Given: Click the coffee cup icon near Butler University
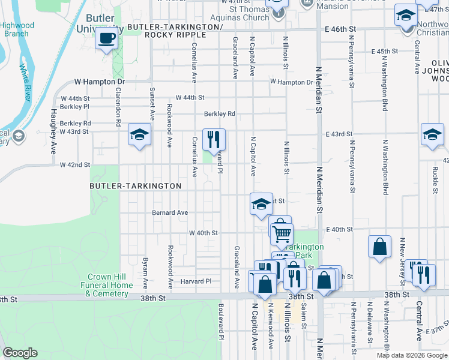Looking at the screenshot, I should pyautogui.click(x=107, y=39).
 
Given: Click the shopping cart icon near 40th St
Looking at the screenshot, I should pyautogui.click(x=281, y=232).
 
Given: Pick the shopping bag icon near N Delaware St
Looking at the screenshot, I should pyautogui.click(x=379, y=246).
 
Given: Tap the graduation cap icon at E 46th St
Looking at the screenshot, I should pyautogui.click(x=406, y=15).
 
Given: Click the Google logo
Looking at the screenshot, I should pyautogui.click(x=20, y=353).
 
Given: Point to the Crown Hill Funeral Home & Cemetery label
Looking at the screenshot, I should pyautogui.click(x=107, y=286).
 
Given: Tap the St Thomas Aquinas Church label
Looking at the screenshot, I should pyautogui.click(x=248, y=13).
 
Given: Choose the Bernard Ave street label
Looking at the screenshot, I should pyautogui.click(x=170, y=212).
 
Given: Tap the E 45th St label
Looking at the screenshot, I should pyautogui.click(x=376, y=52).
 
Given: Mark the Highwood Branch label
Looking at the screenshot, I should pyautogui.click(x=17, y=29).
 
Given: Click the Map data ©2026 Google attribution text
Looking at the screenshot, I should pyautogui.click(x=411, y=355).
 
